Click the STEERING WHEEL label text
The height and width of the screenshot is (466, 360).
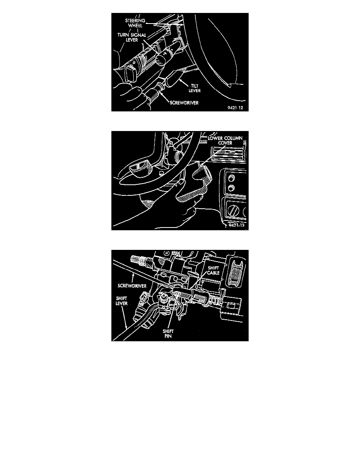click(x=135, y=23)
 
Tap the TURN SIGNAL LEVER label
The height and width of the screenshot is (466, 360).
click(x=132, y=37)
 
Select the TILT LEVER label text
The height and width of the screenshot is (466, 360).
click(x=195, y=88)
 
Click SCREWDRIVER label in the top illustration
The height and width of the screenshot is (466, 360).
click(x=184, y=103)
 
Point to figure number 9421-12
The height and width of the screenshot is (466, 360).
click(x=235, y=107)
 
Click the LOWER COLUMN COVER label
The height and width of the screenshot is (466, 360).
click(x=225, y=140)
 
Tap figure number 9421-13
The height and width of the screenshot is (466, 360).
click(x=236, y=225)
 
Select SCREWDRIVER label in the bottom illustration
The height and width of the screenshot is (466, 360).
click(x=132, y=286)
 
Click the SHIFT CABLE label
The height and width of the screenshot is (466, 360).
click(x=213, y=270)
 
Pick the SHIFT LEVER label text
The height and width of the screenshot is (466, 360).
click(x=122, y=301)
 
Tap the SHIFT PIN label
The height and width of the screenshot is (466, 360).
click(x=168, y=334)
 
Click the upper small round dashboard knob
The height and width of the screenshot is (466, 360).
click(x=231, y=178)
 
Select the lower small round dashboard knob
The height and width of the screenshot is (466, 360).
click(x=231, y=188)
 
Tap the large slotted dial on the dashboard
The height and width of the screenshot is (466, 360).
click(x=234, y=211)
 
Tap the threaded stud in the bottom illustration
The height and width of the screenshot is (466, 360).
click(x=139, y=259)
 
